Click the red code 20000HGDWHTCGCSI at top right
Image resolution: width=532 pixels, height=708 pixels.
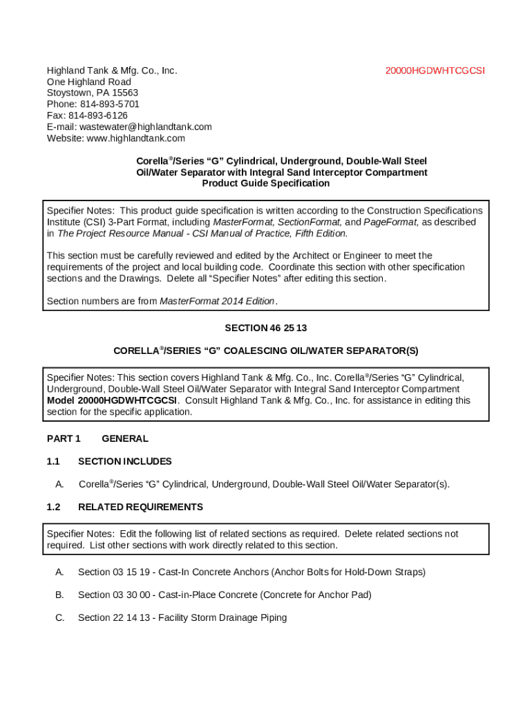point(435,71)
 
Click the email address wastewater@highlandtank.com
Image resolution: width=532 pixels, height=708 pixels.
point(145,127)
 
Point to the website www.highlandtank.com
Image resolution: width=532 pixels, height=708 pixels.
point(131,138)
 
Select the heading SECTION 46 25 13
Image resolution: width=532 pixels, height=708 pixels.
point(265,328)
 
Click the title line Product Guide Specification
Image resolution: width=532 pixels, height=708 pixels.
point(265,184)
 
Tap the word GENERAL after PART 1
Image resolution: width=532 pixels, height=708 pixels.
point(124,438)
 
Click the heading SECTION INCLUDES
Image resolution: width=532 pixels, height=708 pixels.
point(124,461)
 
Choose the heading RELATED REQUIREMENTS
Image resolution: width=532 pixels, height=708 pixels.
point(140,507)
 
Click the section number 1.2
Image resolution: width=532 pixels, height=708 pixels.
point(53,507)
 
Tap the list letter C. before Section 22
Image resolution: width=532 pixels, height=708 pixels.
point(60,617)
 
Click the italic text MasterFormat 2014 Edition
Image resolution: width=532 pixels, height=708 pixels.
point(217,301)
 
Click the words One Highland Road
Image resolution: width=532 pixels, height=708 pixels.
point(88,82)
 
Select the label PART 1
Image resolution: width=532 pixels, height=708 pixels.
point(64,438)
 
